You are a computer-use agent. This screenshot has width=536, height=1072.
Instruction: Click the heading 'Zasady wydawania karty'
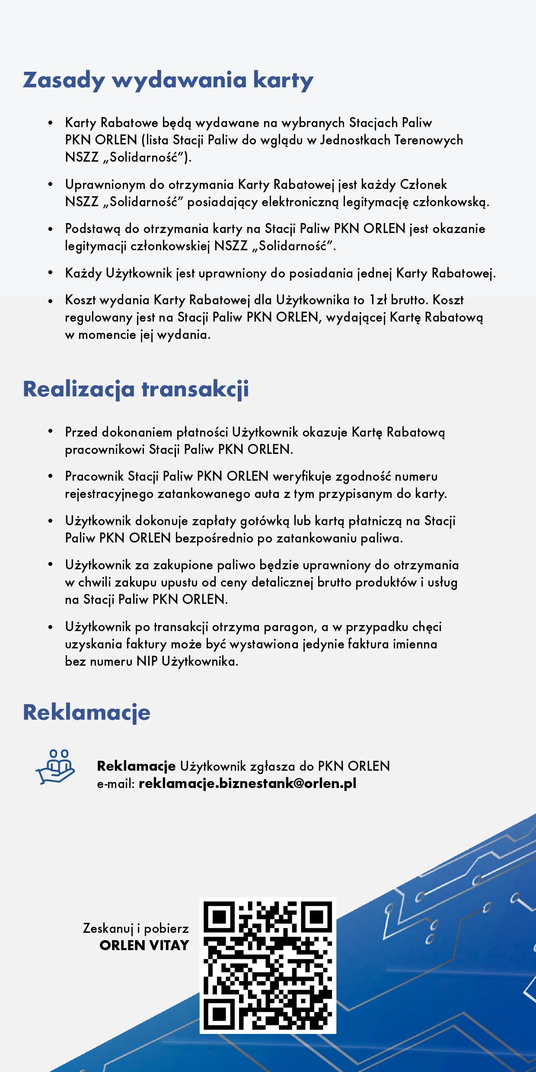pos(168,81)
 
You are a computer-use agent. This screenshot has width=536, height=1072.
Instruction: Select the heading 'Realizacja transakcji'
pos(136,389)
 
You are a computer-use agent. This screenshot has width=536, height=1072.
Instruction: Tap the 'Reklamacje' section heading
pos(86,712)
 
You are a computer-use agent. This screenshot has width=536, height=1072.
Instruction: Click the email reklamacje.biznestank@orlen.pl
pos(247,783)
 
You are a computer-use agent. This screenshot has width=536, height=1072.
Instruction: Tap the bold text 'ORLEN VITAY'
pos(144,945)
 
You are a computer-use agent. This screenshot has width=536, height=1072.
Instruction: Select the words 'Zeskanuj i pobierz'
pos(136,928)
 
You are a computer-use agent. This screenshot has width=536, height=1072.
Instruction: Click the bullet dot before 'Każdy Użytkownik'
pos(51,273)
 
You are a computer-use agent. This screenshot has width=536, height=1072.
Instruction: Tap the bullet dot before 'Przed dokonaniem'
pos(51,431)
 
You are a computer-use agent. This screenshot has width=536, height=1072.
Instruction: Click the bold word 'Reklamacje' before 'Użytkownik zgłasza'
pos(136,766)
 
